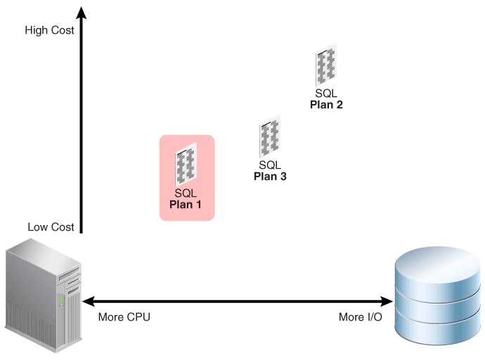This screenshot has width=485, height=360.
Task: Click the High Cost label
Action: click(x=49, y=30)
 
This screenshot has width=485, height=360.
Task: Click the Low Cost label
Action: click(x=51, y=227)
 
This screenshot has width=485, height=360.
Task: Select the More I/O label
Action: click(x=360, y=317)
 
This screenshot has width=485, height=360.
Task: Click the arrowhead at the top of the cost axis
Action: click(x=82, y=12)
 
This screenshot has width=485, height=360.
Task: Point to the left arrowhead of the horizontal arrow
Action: click(x=88, y=301)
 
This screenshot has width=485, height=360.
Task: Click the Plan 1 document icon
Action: click(x=186, y=164)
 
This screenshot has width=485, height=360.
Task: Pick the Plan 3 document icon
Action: click(x=270, y=139)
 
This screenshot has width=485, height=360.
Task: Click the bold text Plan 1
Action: click(x=186, y=205)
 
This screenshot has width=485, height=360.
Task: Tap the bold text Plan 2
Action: click(x=326, y=105)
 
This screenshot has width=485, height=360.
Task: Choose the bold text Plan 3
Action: click(x=270, y=176)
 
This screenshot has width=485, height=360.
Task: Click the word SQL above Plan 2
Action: click(x=326, y=94)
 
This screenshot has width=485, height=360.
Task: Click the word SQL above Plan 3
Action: click(x=270, y=165)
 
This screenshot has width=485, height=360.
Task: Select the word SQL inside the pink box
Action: click(x=186, y=193)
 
